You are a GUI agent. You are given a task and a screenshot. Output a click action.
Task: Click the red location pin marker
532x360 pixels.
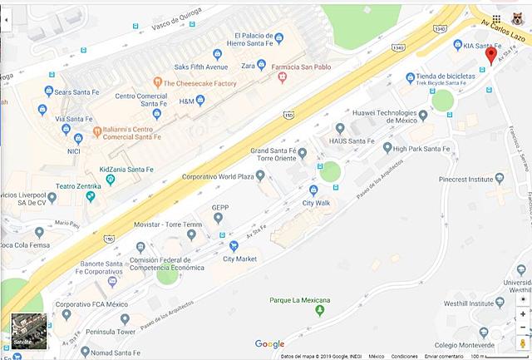[x=490, y=55]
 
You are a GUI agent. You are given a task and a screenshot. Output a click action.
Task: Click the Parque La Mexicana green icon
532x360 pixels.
[x=320, y=311]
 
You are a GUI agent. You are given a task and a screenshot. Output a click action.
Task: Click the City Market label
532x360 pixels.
[x=239, y=259]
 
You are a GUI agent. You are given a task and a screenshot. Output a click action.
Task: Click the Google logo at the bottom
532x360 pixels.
[x=269, y=344]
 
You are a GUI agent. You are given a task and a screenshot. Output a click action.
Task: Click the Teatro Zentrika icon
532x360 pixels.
[x=90, y=198]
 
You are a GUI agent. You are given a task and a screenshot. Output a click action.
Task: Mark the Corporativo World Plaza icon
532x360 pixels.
[x=260, y=175]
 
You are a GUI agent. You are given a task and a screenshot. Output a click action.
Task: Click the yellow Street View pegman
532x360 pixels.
[x=523, y=343]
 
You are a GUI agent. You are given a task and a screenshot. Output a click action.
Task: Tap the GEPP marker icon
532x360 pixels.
[x=219, y=219]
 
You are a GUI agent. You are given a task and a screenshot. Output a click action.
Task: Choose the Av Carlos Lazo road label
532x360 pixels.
[x=500, y=16]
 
